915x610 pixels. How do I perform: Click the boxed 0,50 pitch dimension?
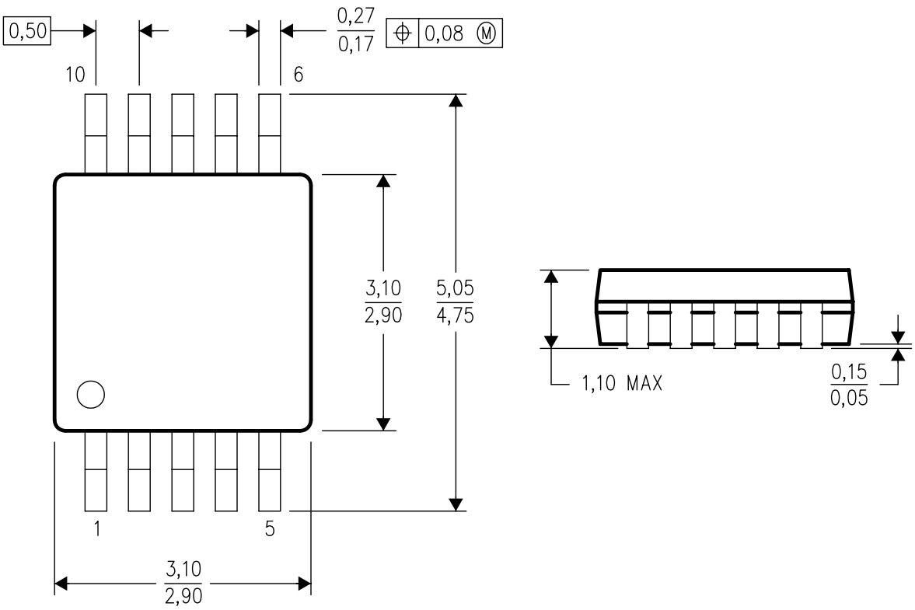[x=26, y=32]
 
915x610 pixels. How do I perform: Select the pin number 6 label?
[x=298, y=75]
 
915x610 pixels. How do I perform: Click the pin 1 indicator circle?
[x=90, y=395]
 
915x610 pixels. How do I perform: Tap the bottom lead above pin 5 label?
[x=269, y=472]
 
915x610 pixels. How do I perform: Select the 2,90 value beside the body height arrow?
[x=382, y=317]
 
